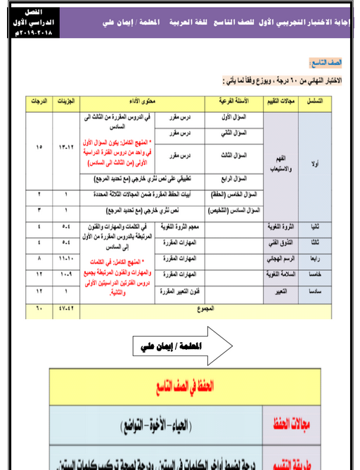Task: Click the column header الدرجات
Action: point(39,103)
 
